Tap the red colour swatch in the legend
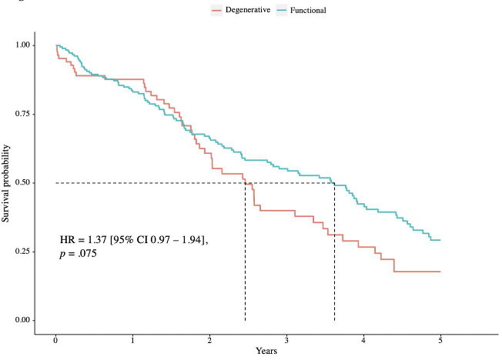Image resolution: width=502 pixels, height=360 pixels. [x=217, y=10]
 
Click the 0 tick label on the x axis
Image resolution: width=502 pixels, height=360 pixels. [x=55, y=340]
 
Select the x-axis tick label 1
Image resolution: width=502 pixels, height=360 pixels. [x=132, y=340]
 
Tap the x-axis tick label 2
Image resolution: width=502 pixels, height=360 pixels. [x=209, y=340]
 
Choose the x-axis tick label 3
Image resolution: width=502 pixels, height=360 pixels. [x=286, y=340]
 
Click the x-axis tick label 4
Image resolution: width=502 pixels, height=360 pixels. [x=363, y=340]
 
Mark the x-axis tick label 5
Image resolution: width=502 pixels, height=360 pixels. [x=440, y=340]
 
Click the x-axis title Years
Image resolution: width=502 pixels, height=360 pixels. [x=268, y=351]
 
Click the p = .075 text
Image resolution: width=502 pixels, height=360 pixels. [x=78, y=254]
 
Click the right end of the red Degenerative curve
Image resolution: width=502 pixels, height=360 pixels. [x=440, y=272]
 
